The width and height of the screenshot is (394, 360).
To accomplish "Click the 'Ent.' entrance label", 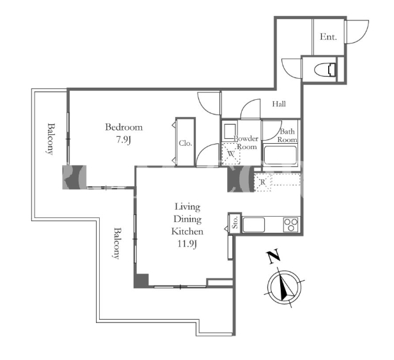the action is (x=328, y=37).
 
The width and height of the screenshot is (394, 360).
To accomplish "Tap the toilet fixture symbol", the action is (x=325, y=69).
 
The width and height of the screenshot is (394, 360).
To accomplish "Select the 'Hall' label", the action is (x=279, y=104).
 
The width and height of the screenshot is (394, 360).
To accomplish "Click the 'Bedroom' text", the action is (x=124, y=127).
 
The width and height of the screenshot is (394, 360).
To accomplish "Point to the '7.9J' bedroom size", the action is (x=123, y=140).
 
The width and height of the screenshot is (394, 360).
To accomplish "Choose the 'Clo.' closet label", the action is (x=185, y=143).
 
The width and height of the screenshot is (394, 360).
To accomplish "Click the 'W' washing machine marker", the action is (x=231, y=153).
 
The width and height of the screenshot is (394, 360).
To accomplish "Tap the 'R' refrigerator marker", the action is (x=263, y=182).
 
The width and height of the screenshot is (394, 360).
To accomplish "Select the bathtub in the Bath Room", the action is (x=280, y=155).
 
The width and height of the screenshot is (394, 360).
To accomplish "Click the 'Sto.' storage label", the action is (x=235, y=223).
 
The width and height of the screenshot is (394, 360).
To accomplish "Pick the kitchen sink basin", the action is (x=254, y=225).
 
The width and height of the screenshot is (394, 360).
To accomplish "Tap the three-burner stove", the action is (x=291, y=224).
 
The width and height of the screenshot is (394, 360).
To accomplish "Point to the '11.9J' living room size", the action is (x=187, y=244).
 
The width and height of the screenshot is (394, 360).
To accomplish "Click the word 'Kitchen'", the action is (x=187, y=231).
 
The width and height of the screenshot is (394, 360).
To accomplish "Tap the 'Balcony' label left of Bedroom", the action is (x=51, y=139).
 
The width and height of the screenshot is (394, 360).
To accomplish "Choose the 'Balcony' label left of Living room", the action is (x=117, y=243).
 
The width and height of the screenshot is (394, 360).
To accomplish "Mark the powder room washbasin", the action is (x=230, y=131).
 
